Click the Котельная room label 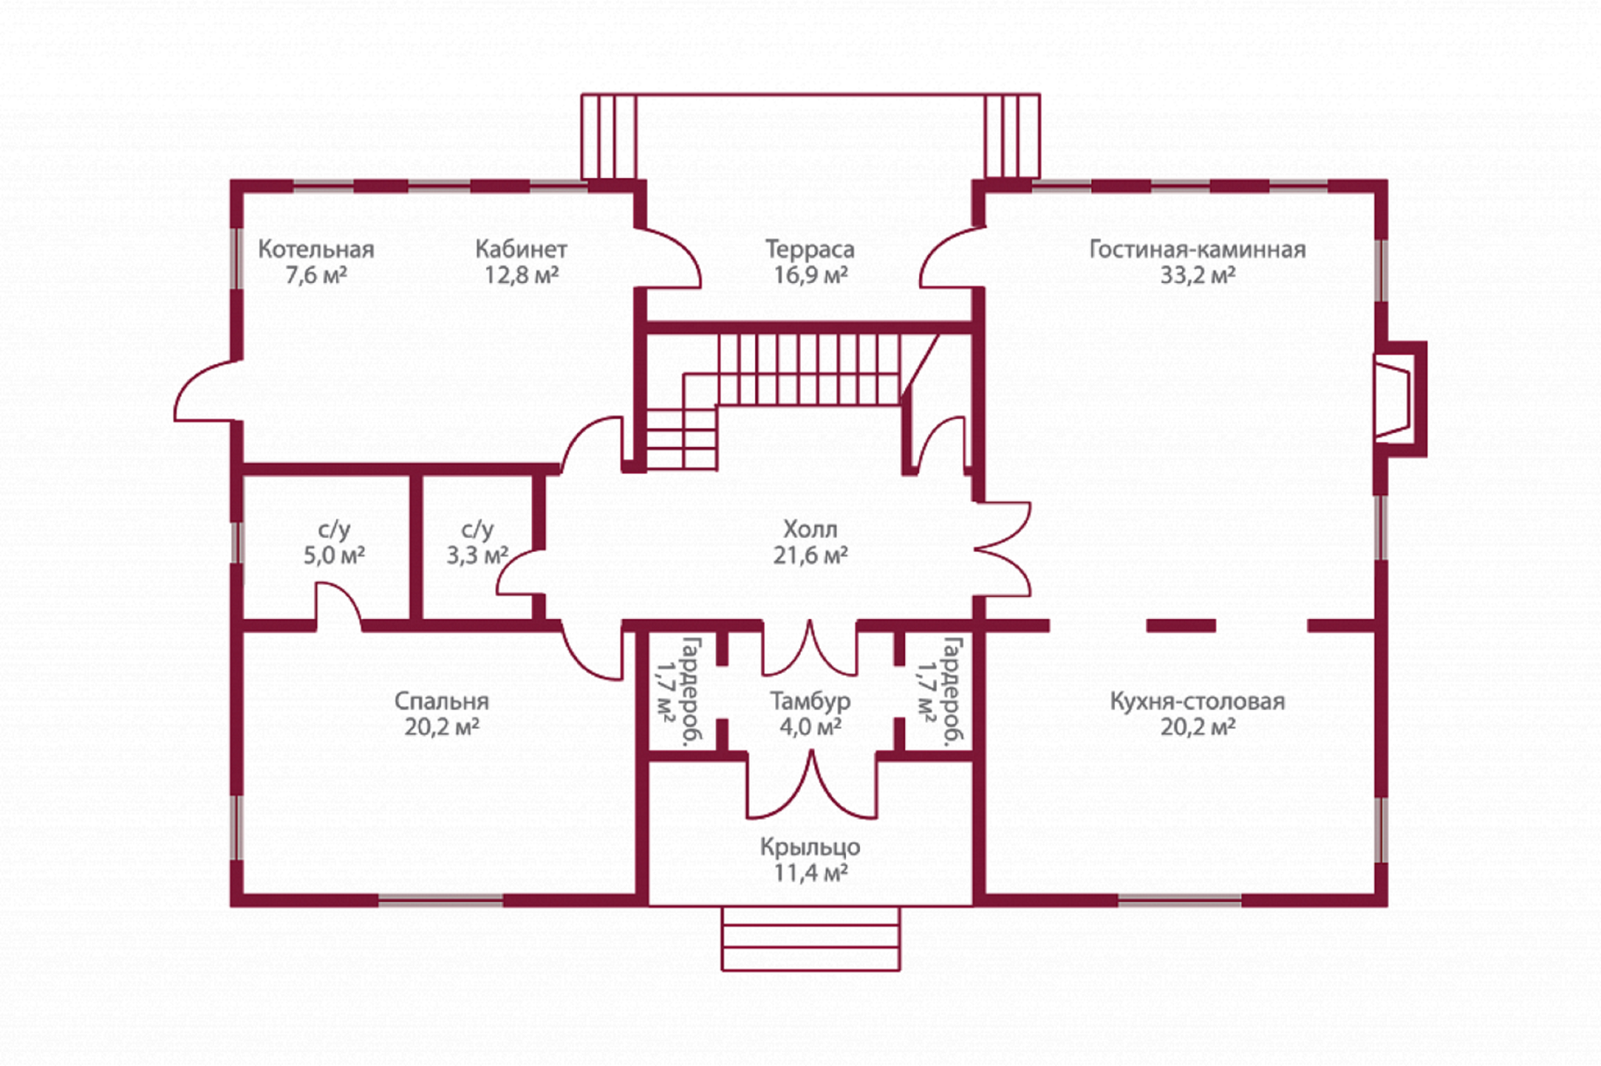click(x=316, y=250)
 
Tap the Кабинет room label click(x=521, y=250)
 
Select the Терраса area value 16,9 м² click(x=810, y=276)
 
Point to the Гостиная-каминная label click(x=1198, y=250)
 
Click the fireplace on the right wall click(x=1400, y=399)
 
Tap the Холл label click(x=810, y=529)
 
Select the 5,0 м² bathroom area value click(x=333, y=555)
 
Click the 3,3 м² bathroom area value click(x=477, y=555)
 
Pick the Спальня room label click(x=442, y=701)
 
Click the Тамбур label click(x=810, y=701)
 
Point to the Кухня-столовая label click(x=1198, y=701)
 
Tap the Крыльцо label click(x=810, y=847)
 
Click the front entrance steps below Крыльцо click(x=811, y=938)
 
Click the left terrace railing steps click(x=609, y=137)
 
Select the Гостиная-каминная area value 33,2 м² click(x=1198, y=276)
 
